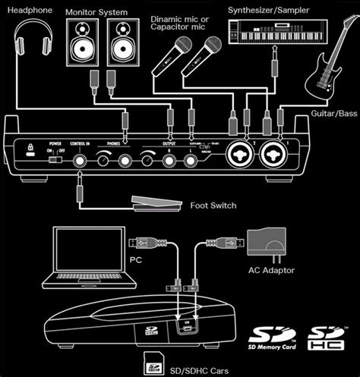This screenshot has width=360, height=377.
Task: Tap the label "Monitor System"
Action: (97, 13)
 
